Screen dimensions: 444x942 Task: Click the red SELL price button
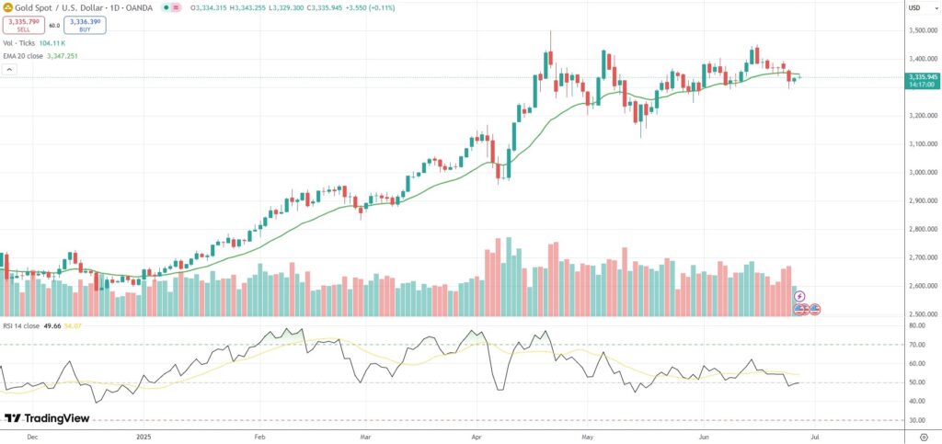(23, 25)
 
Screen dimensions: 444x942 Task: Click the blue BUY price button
(85, 25)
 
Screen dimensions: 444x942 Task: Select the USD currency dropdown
(914, 8)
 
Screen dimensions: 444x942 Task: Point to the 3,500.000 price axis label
(922, 30)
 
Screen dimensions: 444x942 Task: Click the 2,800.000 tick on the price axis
(922, 229)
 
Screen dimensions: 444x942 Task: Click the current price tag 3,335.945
(922, 77)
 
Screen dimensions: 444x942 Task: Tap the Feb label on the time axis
(259, 437)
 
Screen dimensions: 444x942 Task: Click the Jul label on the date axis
(829, 437)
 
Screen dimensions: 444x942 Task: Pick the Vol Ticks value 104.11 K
(53, 43)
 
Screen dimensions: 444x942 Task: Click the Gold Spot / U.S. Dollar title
(73, 8)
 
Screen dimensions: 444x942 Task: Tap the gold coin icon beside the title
(7, 8)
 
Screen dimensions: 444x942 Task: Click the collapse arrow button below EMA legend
(8, 68)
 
